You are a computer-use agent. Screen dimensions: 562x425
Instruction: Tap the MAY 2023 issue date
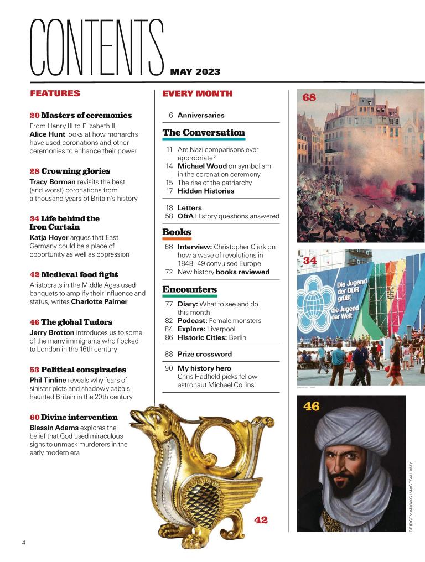click(195, 71)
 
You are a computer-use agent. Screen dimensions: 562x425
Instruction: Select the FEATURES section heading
click(55, 93)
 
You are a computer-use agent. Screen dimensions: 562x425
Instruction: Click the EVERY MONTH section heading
click(197, 93)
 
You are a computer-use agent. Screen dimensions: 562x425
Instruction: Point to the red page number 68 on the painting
click(309, 97)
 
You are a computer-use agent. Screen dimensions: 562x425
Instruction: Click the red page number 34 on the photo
click(310, 260)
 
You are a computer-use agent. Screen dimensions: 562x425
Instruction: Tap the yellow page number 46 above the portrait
click(312, 407)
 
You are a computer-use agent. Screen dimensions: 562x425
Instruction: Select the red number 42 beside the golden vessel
click(261, 519)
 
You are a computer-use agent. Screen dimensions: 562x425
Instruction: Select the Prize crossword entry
click(204, 354)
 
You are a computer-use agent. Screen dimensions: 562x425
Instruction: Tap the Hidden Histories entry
click(206, 191)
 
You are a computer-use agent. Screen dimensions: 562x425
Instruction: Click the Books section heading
click(177, 232)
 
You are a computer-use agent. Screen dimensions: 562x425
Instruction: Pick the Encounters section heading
click(189, 289)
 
